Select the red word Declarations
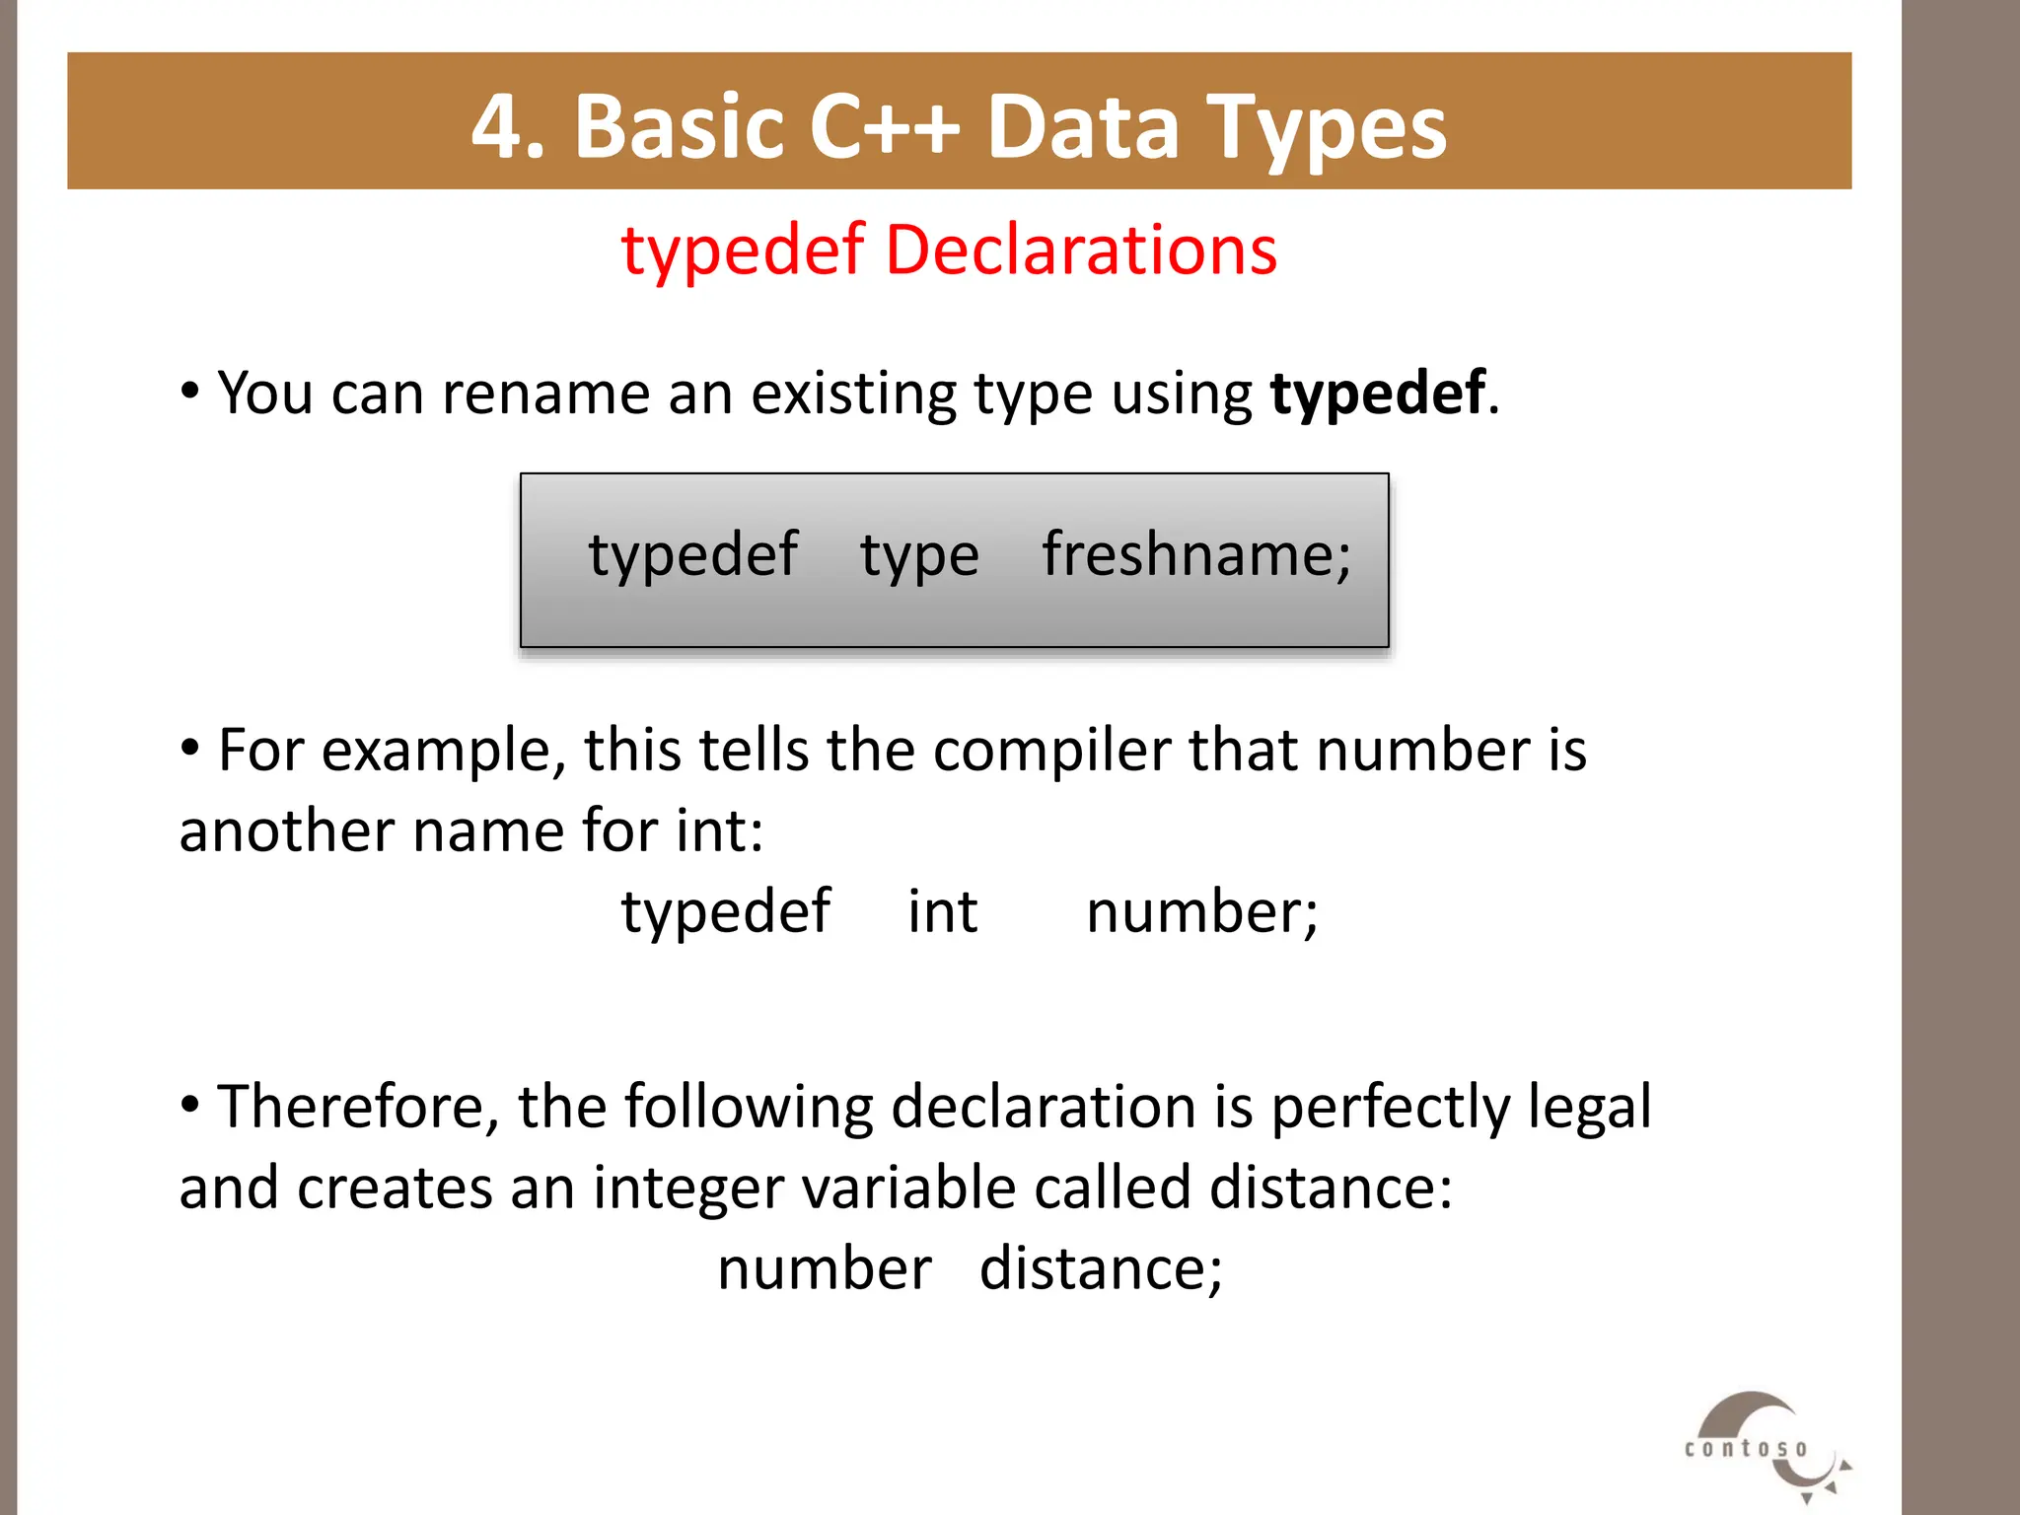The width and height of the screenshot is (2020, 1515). click(1081, 249)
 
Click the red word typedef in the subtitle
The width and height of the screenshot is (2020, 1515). click(743, 251)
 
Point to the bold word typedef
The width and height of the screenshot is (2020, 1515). click(1377, 393)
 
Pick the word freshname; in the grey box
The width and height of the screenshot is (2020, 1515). click(1196, 554)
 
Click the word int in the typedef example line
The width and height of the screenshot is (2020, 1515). click(942, 911)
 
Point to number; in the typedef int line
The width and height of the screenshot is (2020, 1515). click(1201, 911)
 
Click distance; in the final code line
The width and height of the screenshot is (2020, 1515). click(1101, 1268)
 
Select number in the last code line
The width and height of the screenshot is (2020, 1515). click(824, 1268)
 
